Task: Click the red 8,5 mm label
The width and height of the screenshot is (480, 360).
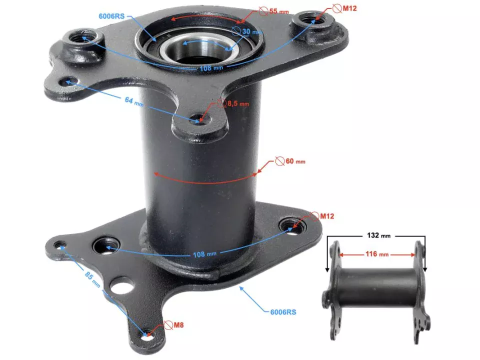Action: (x=237, y=103)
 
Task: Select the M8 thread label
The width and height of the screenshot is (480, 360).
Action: (x=178, y=325)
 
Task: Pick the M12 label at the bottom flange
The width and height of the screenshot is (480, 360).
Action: (x=326, y=216)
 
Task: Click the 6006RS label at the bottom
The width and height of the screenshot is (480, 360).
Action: (x=283, y=312)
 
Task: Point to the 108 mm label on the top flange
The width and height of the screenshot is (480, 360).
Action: (x=211, y=68)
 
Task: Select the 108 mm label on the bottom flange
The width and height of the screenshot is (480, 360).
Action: (x=204, y=253)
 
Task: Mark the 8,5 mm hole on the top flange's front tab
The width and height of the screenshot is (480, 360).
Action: (x=199, y=120)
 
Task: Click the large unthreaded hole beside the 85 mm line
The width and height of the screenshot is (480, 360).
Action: (x=122, y=286)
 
